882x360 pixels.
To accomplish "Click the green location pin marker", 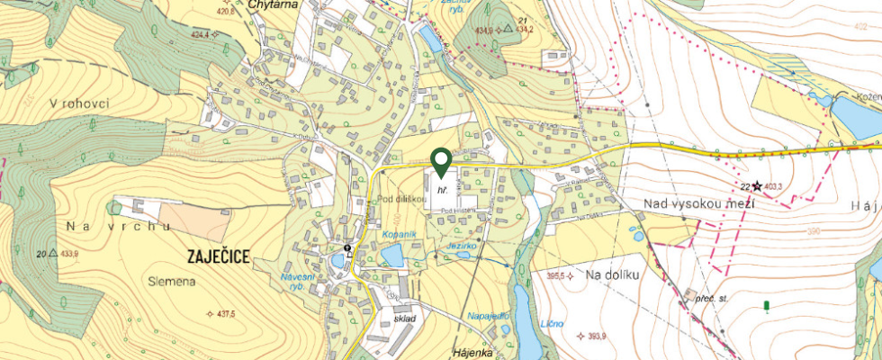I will click(441, 161).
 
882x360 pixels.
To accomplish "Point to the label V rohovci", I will click(79, 103).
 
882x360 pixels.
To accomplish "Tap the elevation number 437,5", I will click(221, 314).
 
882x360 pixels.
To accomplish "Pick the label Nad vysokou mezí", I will click(698, 204).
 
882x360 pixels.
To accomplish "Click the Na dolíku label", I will click(611, 274).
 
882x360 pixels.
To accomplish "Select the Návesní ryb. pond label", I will click(298, 281).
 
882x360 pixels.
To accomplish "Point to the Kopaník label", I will click(397, 234).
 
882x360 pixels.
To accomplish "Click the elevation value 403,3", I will click(773, 186).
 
